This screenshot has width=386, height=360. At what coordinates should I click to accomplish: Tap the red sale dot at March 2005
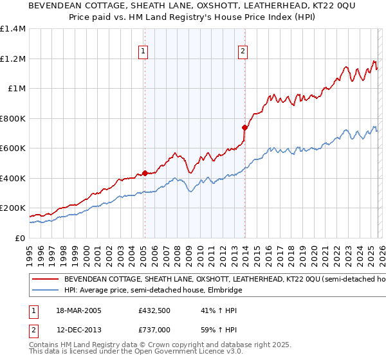click(145, 173)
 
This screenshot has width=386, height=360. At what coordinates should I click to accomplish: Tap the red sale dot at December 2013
click(244, 127)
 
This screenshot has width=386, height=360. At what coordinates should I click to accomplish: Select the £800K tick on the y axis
click(13, 118)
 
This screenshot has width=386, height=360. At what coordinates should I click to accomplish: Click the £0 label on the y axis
click(19, 238)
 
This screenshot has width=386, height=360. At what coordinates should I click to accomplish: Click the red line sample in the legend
click(45, 280)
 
